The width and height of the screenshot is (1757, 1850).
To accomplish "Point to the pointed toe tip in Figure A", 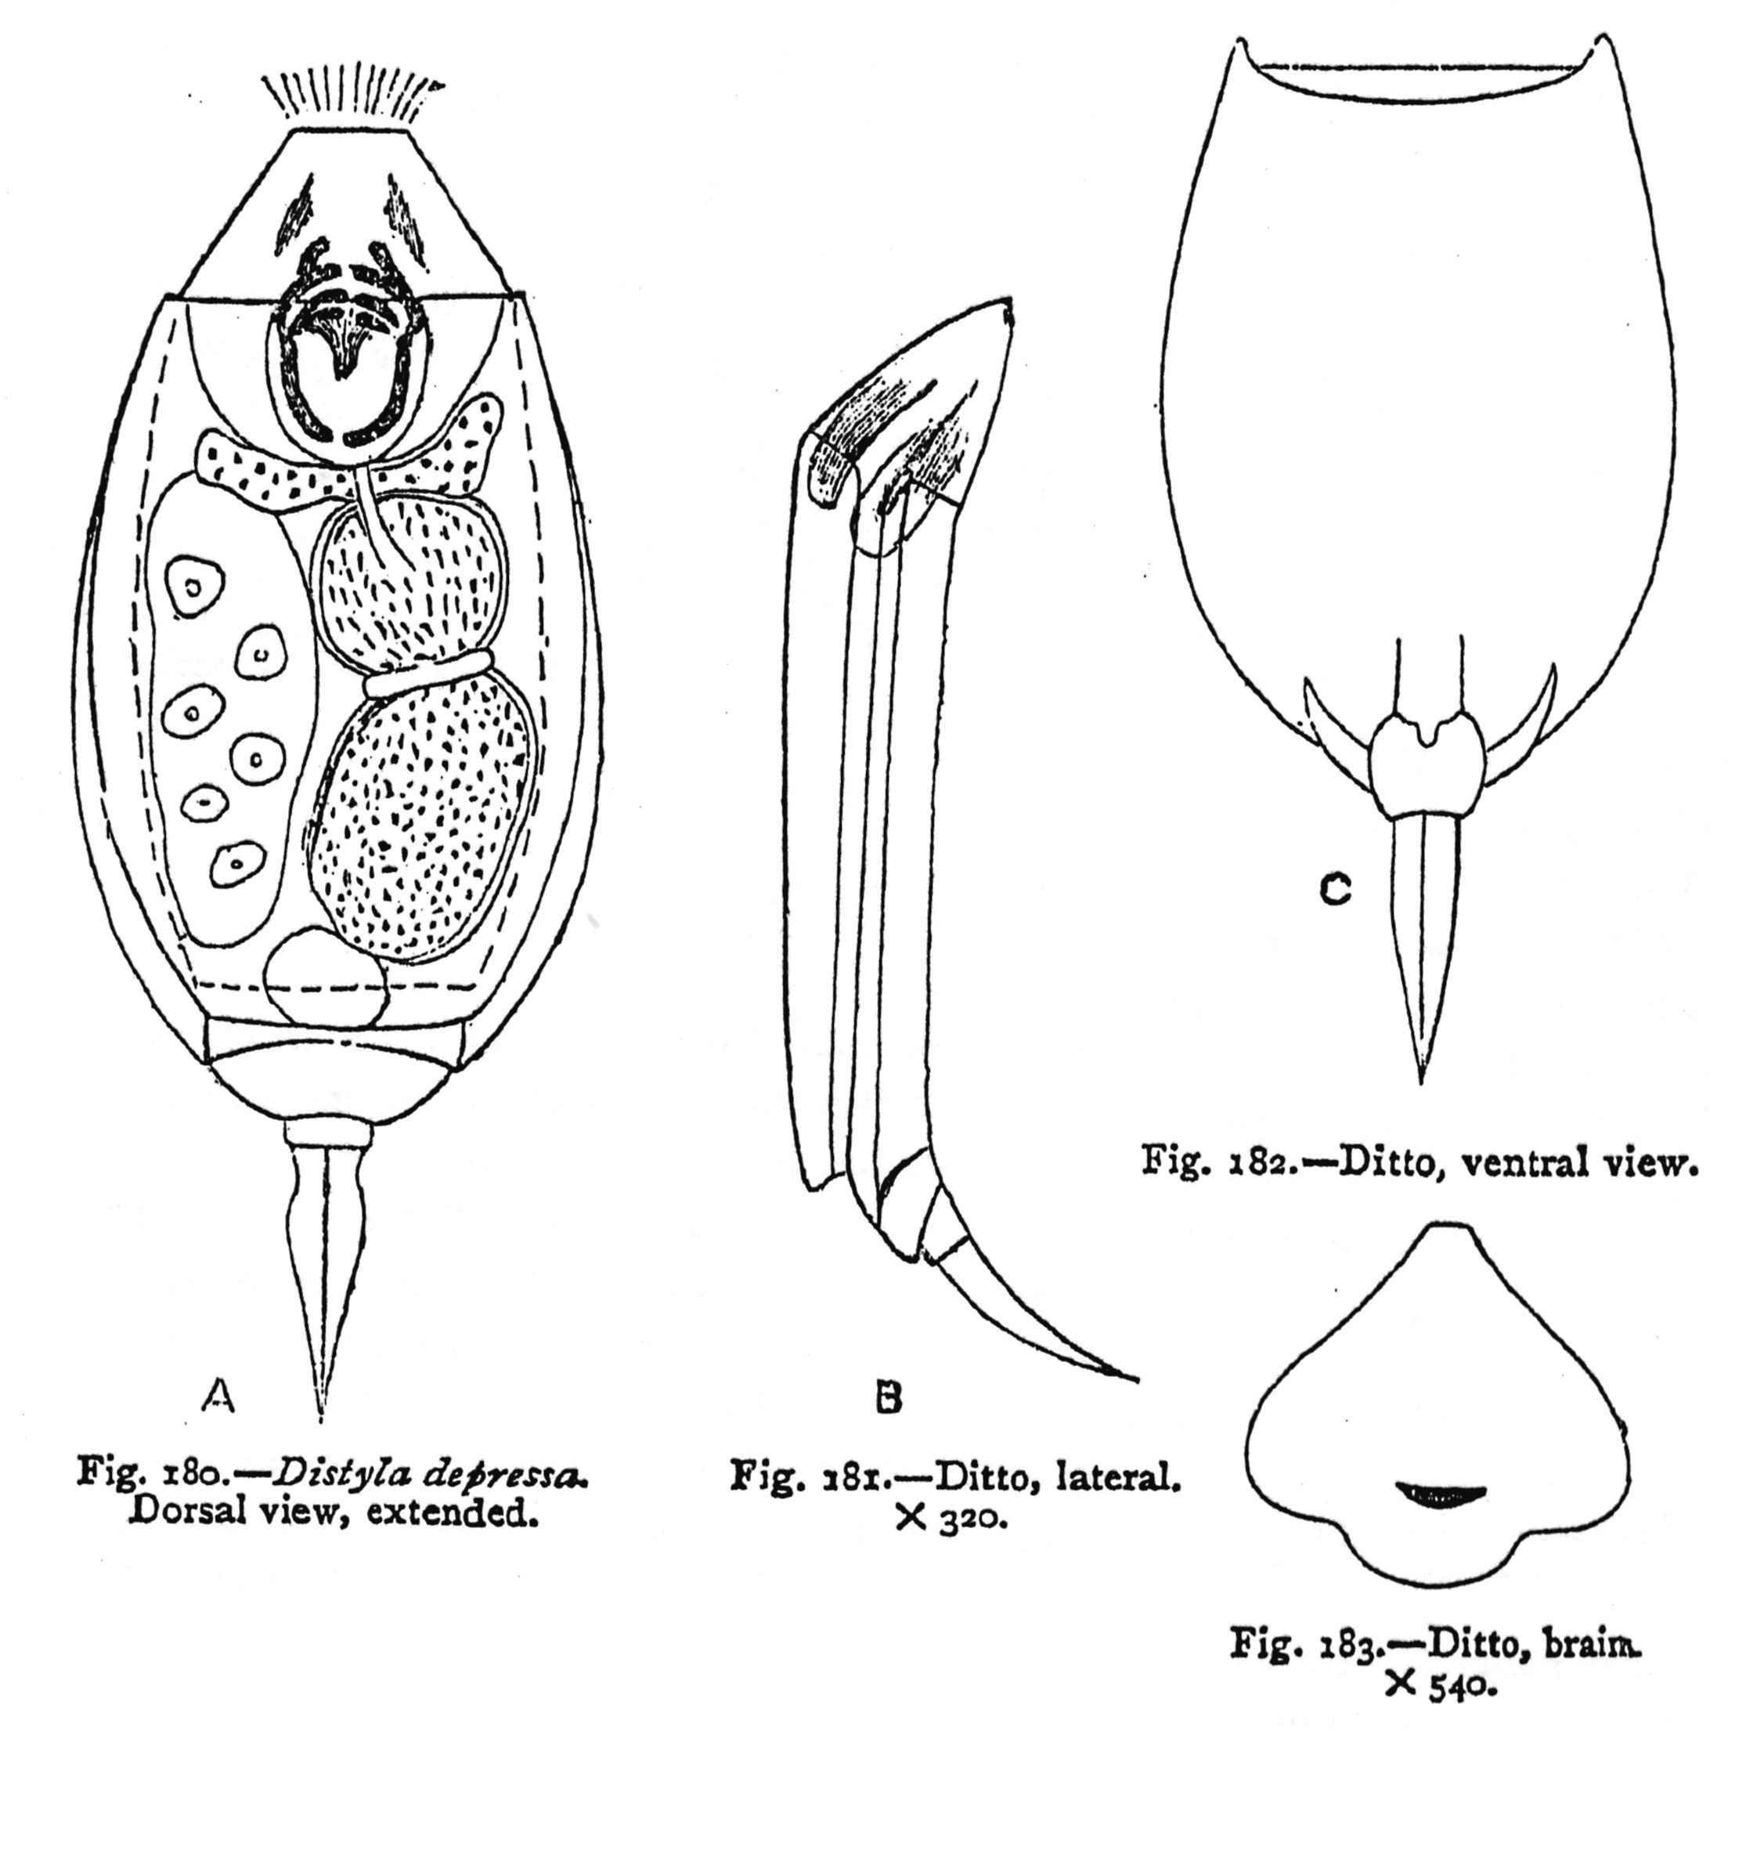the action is click(320, 1418).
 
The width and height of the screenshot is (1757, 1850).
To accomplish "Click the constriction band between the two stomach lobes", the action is click(426, 674).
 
